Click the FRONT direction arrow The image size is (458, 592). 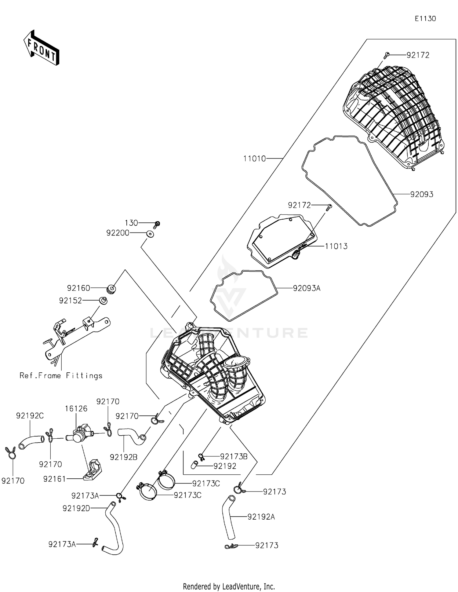(41, 48)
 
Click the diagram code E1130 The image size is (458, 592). (425, 19)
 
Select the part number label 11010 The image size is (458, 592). (254, 159)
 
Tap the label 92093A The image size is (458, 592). (306, 288)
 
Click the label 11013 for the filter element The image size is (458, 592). (336, 246)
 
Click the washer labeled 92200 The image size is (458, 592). (150, 234)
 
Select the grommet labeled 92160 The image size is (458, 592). (111, 289)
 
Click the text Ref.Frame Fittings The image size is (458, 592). (61, 375)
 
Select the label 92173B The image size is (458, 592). (234, 456)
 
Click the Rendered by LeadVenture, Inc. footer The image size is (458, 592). (229, 586)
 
